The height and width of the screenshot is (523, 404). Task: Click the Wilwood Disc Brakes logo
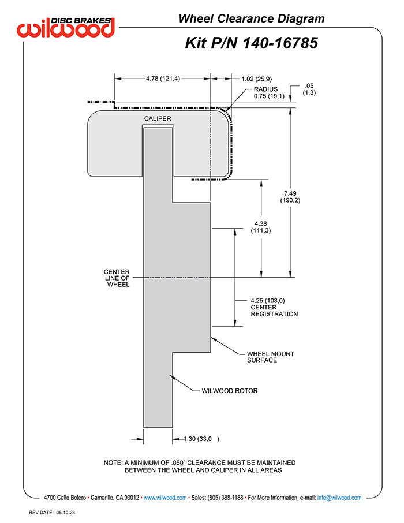coord(66,27)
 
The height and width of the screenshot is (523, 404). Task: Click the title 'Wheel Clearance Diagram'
coord(252,18)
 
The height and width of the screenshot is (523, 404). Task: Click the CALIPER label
coord(158,118)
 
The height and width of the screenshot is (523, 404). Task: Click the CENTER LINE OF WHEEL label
coord(117,278)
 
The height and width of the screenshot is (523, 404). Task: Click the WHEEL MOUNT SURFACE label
coord(271,357)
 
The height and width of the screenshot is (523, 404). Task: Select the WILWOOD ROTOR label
coord(230,391)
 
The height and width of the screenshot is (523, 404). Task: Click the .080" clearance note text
coord(200,466)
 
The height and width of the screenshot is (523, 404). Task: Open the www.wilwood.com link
coord(165,498)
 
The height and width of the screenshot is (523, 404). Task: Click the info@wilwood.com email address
coord(339,498)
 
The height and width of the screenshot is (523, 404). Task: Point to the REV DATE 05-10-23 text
coord(52,513)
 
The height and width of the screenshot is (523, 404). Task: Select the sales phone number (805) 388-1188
coord(225,498)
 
